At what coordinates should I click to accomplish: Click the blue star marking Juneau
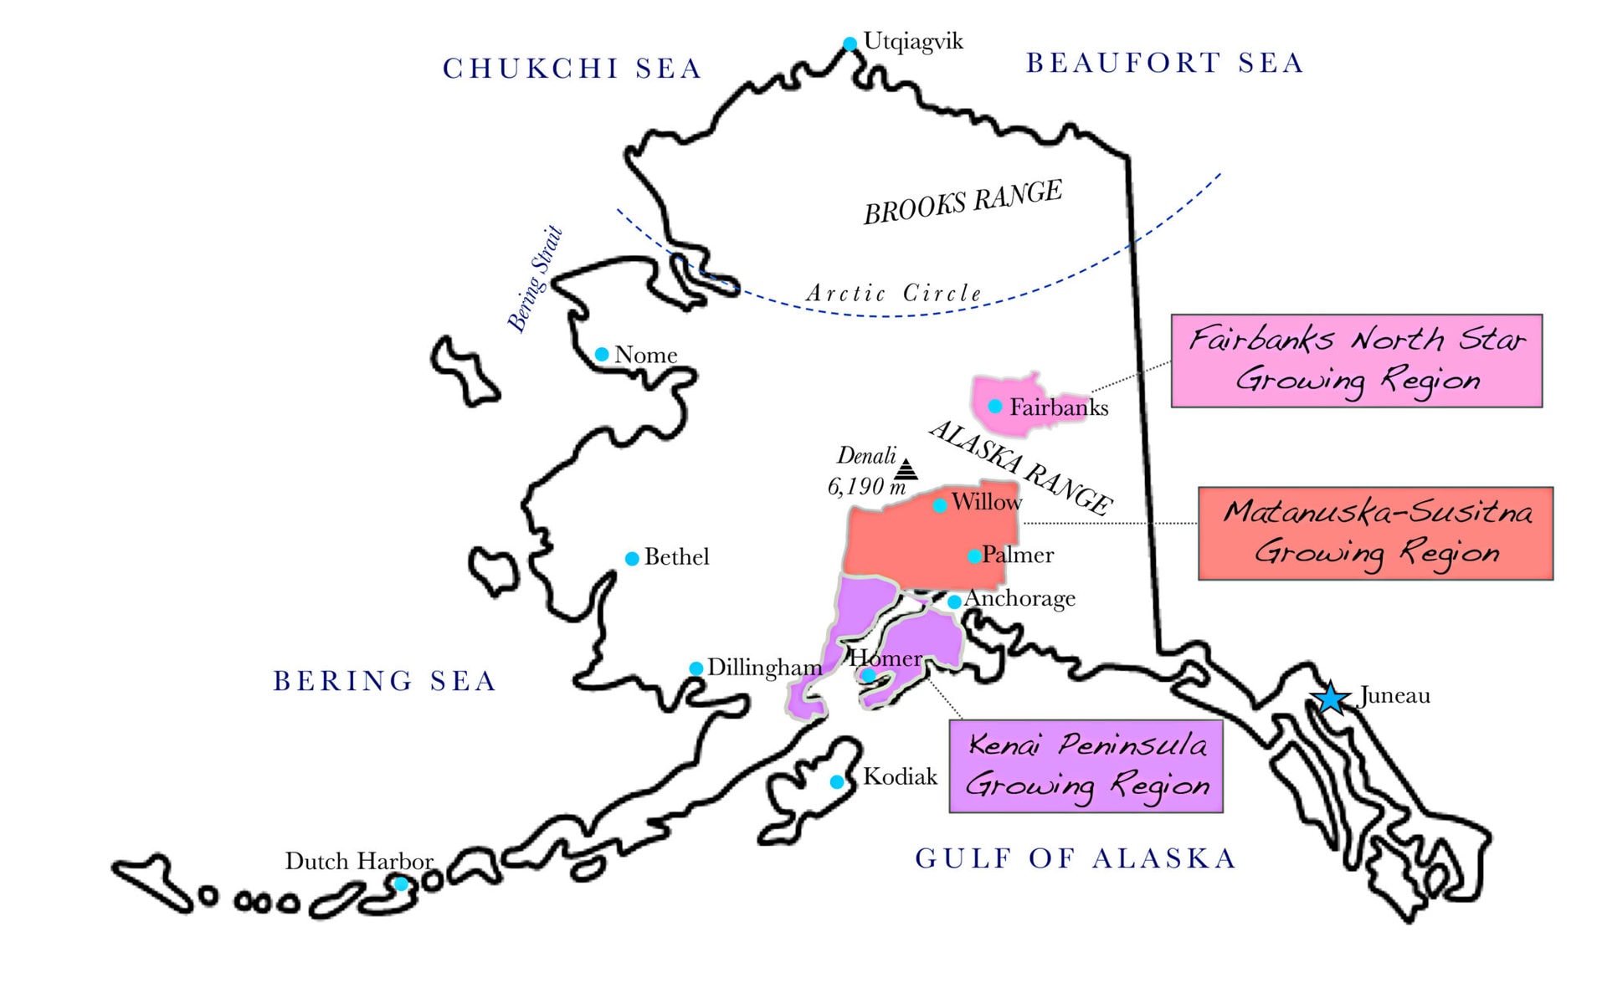(x=1330, y=697)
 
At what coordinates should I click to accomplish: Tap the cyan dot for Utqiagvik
(x=850, y=44)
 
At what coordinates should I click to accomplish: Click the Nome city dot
(x=602, y=355)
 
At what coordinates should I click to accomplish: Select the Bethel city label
(x=676, y=557)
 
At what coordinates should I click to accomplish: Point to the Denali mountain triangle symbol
(x=906, y=468)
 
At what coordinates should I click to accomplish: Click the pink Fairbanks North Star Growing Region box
(x=1356, y=361)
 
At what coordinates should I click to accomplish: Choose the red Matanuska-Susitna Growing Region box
(x=1375, y=533)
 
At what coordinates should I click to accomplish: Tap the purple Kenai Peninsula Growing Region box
(x=1086, y=765)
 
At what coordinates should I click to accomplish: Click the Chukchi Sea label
(x=572, y=69)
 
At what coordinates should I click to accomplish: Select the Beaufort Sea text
(x=1165, y=64)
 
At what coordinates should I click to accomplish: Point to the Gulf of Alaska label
(x=1076, y=858)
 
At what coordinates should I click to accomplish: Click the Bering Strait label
(x=536, y=279)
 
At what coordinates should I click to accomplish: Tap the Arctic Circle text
(x=894, y=294)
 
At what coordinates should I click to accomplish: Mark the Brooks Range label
(x=963, y=202)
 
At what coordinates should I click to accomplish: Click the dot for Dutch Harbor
(x=401, y=883)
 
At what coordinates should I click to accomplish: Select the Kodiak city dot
(x=836, y=782)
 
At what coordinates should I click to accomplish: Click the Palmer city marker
(x=974, y=556)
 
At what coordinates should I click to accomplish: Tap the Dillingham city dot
(x=696, y=668)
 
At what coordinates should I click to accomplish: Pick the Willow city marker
(x=940, y=505)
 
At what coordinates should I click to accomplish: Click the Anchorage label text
(x=1019, y=599)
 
